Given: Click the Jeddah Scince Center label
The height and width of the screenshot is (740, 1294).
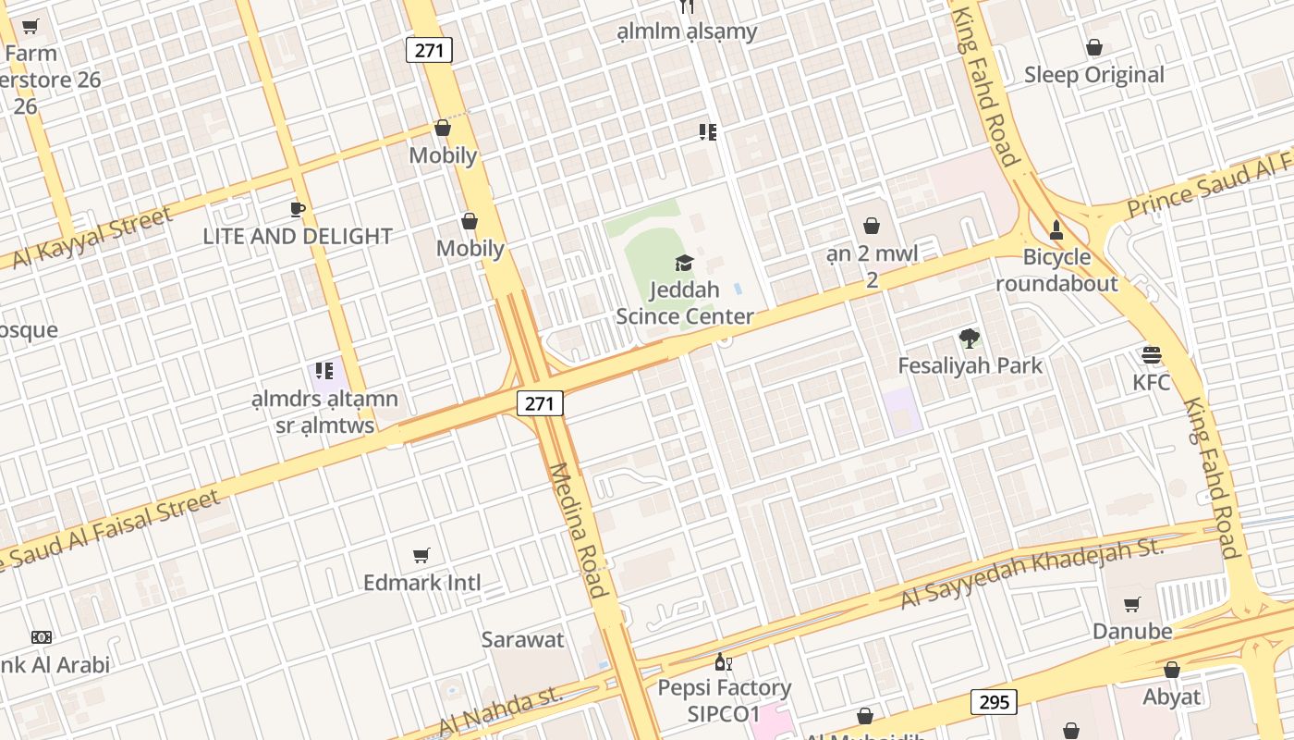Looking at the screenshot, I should point(685,303).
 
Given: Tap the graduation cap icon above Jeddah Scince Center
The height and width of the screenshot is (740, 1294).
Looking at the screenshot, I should point(684,264).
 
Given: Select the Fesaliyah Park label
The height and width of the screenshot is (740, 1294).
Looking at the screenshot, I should point(970,365).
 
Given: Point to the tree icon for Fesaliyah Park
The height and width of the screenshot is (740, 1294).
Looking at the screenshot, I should point(969,338).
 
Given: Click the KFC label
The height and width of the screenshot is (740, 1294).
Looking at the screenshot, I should point(1152,382).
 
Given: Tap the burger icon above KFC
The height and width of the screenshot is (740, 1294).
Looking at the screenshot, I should point(1152,355).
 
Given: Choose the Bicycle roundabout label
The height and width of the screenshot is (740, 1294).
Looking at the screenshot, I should point(1056,270).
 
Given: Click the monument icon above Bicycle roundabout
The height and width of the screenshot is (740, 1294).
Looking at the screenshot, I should point(1056,228).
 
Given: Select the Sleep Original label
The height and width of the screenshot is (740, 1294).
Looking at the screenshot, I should point(1093,75).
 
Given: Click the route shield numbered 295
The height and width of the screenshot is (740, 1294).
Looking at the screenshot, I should point(994,702).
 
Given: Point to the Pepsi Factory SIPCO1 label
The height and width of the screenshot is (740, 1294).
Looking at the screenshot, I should point(724,700).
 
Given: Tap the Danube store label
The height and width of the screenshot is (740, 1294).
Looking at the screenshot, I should point(1132,632).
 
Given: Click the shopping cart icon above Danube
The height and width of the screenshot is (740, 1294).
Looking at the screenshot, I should point(1132,605).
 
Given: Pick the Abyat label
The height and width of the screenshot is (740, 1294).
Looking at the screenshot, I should point(1171,697).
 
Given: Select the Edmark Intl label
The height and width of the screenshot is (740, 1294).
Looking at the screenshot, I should point(421,583).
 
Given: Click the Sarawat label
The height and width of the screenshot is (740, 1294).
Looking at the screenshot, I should point(522,639).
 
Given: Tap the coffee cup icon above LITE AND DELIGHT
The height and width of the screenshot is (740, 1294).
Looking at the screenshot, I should point(298,209).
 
